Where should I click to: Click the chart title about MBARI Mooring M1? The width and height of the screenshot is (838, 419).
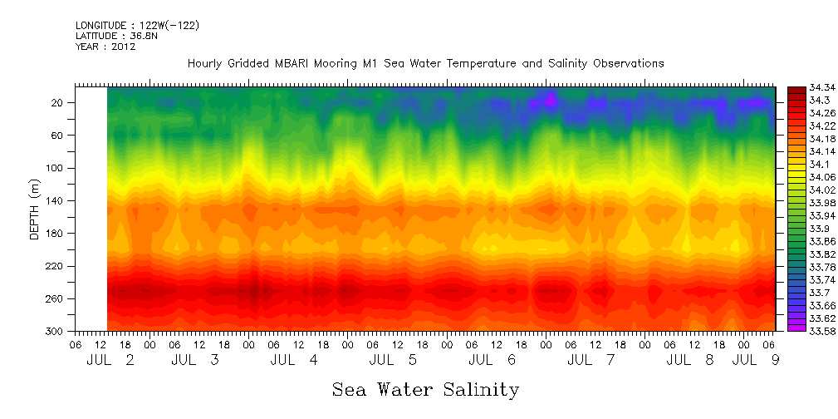[425, 63]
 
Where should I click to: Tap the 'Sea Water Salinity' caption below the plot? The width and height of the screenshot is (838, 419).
[425, 389]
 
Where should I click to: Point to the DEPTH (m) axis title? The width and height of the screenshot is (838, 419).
[35, 208]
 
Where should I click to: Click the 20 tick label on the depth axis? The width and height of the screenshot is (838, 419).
[58, 102]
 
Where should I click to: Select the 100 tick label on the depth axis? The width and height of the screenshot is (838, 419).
[56, 168]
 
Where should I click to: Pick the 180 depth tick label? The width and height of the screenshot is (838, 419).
[56, 234]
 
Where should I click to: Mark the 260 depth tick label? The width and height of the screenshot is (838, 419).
[56, 298]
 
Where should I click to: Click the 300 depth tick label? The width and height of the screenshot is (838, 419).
[56, 332]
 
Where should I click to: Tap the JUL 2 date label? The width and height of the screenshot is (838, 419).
[110, 361]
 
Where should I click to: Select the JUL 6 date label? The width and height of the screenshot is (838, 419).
[493, 361]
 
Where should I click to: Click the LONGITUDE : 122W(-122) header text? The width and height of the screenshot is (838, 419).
[137, 26]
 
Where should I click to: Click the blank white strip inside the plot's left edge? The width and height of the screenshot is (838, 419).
[91, 208]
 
